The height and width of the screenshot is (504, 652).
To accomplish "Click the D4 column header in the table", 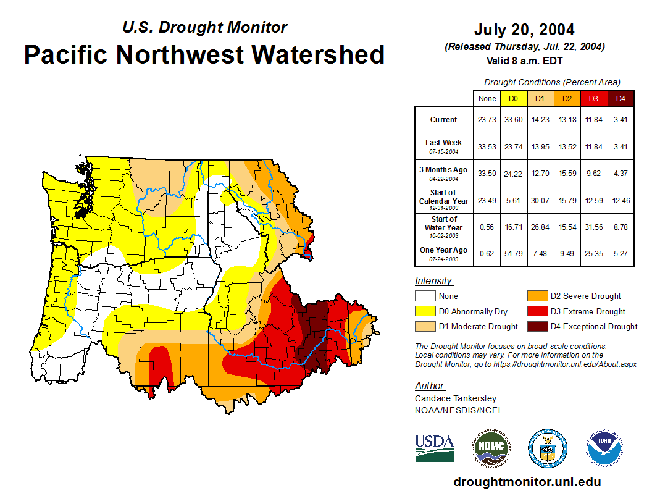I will coord(621,98).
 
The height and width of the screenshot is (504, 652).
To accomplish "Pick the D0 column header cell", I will coord(513,98).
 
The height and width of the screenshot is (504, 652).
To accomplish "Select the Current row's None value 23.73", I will coord(487,120).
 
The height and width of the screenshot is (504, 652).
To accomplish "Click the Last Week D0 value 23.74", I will coord(513,146).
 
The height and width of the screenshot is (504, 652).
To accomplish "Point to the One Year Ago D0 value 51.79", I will coord(513,253).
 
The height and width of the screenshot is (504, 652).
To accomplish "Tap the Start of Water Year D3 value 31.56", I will coord(593,227).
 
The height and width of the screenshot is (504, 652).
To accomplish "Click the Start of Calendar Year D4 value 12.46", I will coord(621,200).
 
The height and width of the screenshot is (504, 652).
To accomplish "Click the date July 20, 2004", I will coord(524,30).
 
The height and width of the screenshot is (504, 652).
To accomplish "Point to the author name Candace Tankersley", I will coord(455,398).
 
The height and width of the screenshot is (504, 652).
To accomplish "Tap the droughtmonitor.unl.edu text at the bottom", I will coord(527,482).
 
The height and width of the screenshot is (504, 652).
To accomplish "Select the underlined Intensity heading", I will coord(434,281).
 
